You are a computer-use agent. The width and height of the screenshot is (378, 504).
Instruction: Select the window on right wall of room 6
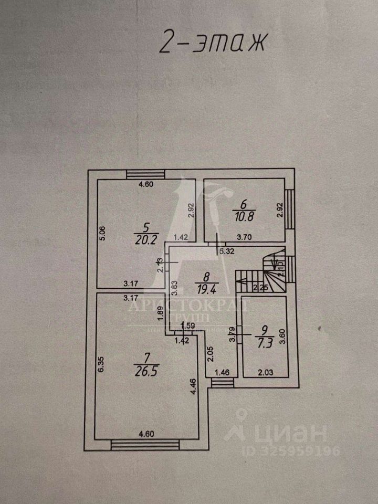289,208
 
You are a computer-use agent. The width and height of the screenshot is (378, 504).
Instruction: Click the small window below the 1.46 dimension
221,383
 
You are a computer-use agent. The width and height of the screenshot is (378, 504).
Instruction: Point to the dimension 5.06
103,234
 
